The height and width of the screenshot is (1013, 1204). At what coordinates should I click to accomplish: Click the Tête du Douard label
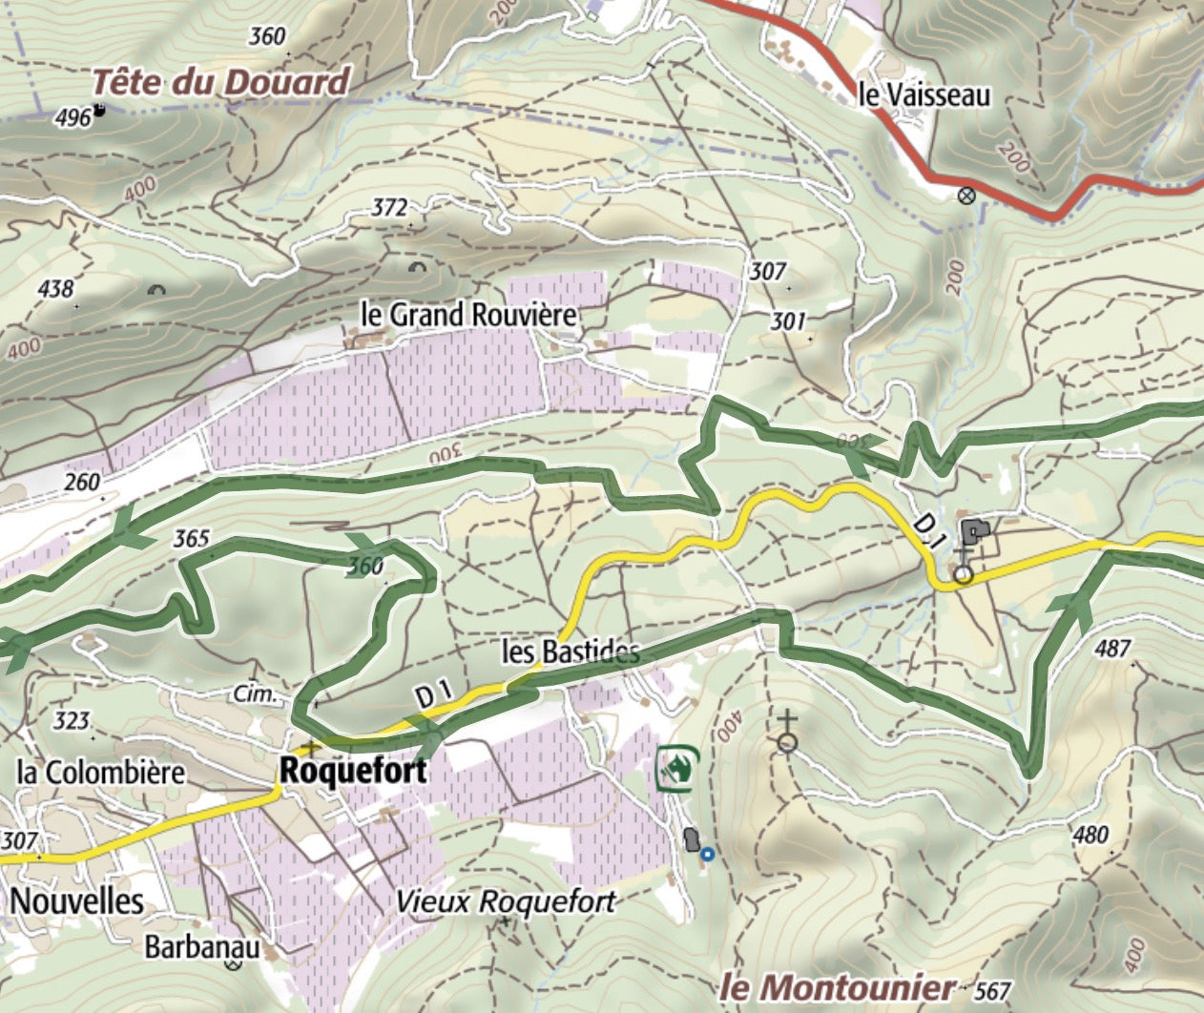(x=221, y=82)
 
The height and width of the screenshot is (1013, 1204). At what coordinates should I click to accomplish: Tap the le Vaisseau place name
(x=924, y=95)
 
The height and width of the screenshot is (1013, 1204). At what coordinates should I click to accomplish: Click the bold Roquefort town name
(x=352, y=771)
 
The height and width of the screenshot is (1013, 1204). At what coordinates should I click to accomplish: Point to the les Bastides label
(x=570, y=652)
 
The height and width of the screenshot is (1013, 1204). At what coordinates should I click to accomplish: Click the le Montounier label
(x=839, y=987)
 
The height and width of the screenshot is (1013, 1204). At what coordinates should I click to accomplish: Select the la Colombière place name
(x=101, y=772)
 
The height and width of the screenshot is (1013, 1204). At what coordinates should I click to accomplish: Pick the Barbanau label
(x=202, y=947)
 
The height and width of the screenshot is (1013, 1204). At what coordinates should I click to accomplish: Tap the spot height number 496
(x=73, y=117)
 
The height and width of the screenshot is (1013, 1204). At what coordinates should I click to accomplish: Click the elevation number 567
(x=993, y=992)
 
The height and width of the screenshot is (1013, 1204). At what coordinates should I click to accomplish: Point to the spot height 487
(x=1112, y=650)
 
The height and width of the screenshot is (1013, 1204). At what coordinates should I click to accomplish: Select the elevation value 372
(x=390, y=208)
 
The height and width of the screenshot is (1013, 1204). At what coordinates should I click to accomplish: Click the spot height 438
(x=56, y=287)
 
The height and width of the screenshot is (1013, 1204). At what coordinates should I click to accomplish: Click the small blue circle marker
(x=707, y=855)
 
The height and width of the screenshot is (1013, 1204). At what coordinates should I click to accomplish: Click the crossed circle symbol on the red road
(x=966, y=196)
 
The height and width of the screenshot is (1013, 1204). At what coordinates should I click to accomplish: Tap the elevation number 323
(x=73, y=721)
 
